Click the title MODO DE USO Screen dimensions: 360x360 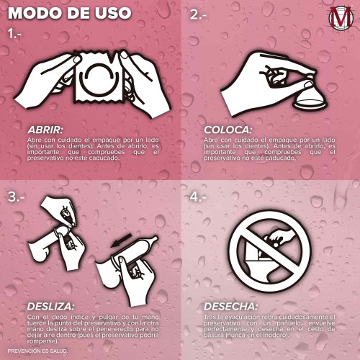tap(70, 13)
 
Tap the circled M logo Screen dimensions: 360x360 tap(341, 18)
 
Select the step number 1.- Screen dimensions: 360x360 tap(14, 34)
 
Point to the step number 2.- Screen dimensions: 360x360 tap(198, 15)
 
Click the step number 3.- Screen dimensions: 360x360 tap(16, 197)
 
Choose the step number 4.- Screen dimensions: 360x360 tap(198, 197)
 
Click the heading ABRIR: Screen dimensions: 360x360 tap(45, 130)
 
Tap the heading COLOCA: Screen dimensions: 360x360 tap(228, 130)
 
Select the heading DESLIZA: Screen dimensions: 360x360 tap(50, 307)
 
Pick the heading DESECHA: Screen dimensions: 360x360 tap(230, 307)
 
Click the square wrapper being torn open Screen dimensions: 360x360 tap(99, 78)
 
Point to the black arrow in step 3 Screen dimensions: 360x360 tap(121, 240)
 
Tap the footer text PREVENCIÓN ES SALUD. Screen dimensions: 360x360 tap(37, 351)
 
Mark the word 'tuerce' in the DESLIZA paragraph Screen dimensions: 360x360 tap(36, 323)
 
